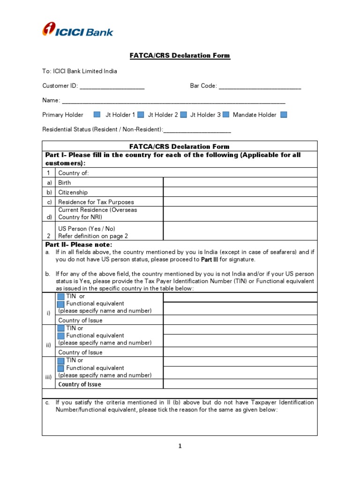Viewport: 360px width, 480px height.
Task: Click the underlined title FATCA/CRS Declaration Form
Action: click(180, 56)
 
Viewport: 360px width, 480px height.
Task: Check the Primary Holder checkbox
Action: click(97, 115)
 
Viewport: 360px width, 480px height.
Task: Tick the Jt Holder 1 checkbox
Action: click(141, 115)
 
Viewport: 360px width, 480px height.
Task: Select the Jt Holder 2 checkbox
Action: click(184, 115)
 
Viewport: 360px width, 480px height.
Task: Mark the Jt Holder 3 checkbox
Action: click(226, 115)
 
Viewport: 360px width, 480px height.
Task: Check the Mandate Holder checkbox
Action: click(283, 115)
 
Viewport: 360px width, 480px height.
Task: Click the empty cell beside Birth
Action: click(240, 182)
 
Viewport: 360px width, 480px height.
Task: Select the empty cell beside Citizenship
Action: click(240, 192)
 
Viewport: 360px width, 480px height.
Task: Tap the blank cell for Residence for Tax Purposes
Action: click(240, 202)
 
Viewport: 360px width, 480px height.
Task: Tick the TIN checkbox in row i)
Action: click(61, 297)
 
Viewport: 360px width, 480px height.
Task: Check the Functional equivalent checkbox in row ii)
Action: click(61, 336)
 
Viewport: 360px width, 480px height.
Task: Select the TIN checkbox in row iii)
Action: click(61, 360)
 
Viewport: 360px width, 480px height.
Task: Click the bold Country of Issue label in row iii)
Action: click(79, 384)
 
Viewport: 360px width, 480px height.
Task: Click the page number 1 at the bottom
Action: click(180, 446)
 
